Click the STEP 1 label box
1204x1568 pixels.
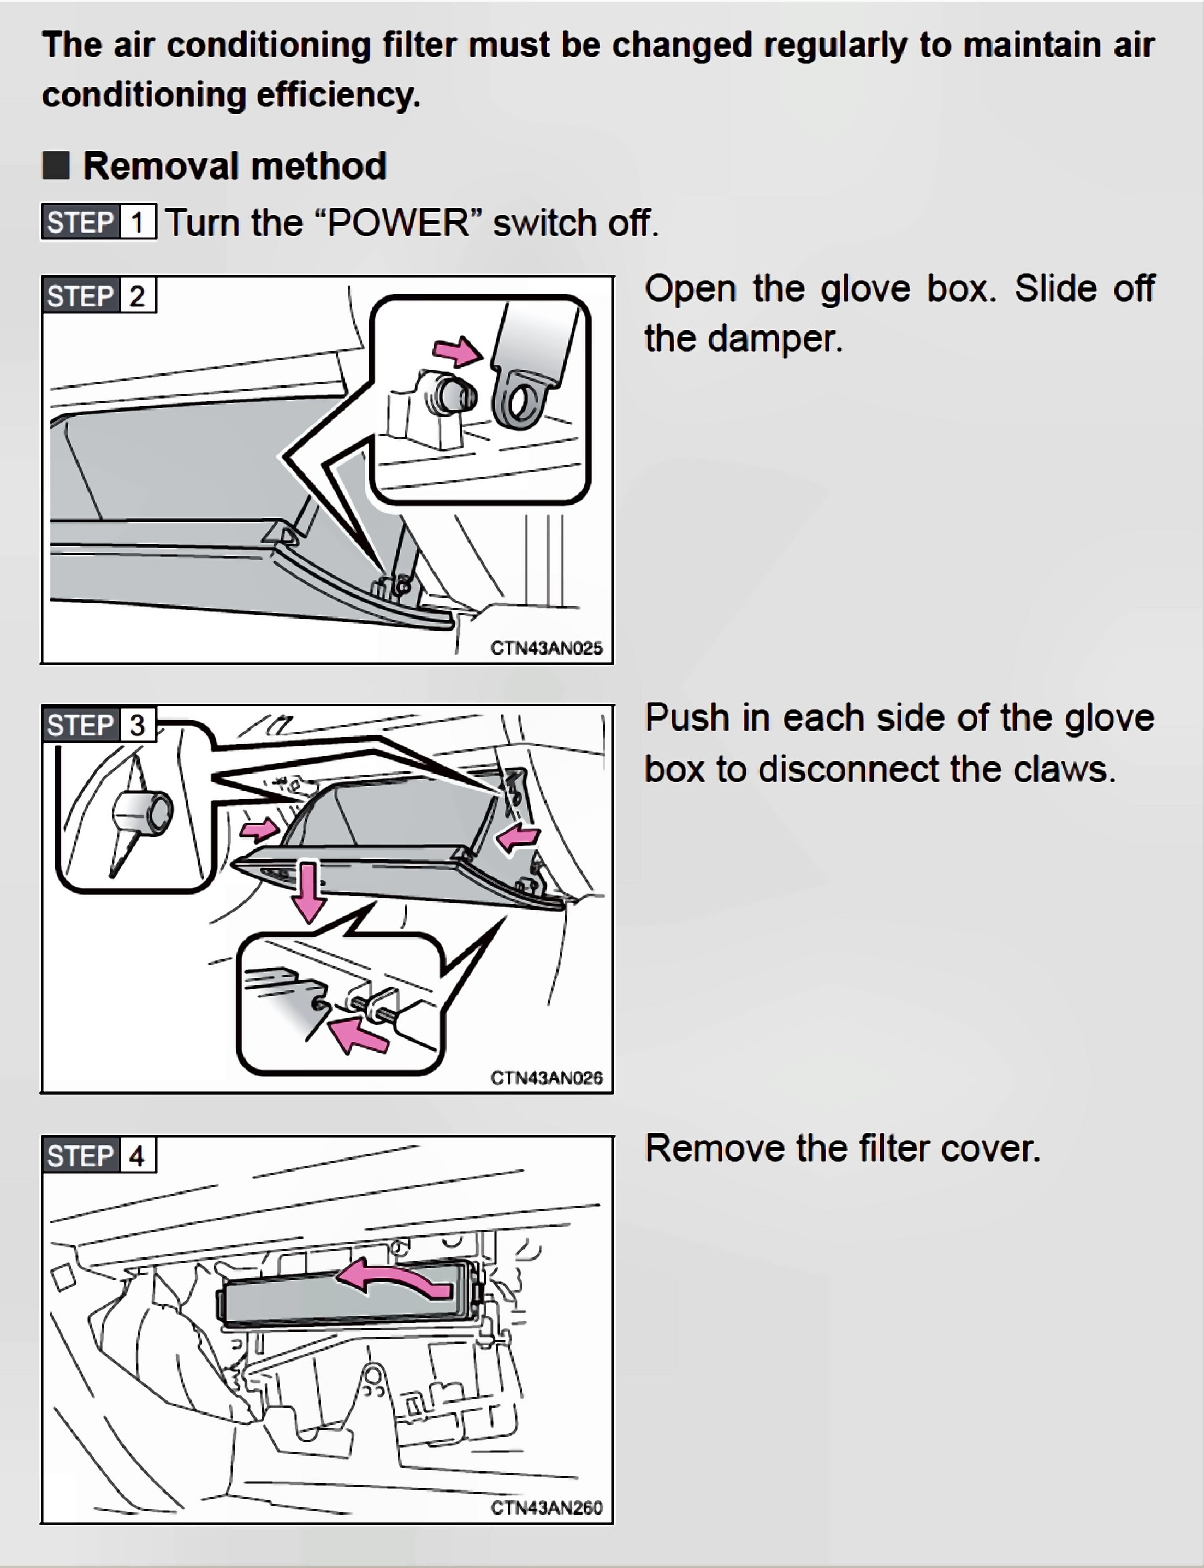click(98, 222)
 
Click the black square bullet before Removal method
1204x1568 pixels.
click(56, 165)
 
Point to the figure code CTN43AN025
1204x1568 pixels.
click(546, 648)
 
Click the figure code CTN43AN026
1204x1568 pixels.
click(546, 1078)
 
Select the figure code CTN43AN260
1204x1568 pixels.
click(546, 1508)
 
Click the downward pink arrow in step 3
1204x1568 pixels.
click(309, 890)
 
